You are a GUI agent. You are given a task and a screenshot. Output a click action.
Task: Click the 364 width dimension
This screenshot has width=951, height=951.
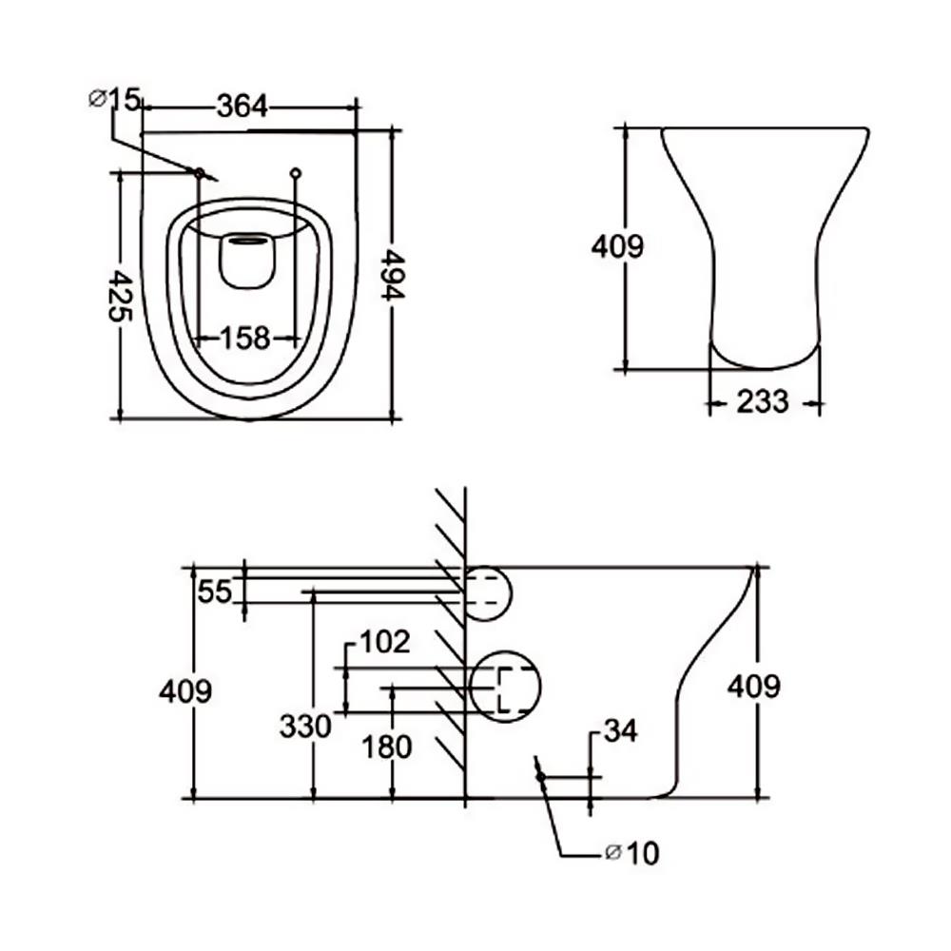(242, 107)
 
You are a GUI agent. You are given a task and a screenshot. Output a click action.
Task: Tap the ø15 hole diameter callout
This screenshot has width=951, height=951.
(115, 99)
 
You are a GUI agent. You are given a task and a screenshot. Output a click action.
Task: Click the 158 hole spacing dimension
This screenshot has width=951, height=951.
(245, 338)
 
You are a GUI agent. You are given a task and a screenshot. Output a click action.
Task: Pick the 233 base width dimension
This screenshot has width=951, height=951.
(763, 402)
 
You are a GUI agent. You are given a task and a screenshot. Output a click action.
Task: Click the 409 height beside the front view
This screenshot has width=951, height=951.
(617, 247)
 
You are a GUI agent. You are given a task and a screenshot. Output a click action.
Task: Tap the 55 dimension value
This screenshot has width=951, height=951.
(215, 592)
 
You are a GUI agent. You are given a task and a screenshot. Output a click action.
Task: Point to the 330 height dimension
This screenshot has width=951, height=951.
(305, 727)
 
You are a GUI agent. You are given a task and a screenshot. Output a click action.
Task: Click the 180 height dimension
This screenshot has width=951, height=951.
(387, 747)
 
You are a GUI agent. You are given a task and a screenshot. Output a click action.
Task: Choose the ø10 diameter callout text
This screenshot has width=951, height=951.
(631, 853)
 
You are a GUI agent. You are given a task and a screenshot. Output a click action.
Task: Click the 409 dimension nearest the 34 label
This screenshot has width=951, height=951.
(753, 687)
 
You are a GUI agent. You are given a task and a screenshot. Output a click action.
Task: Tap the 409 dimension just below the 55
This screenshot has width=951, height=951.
(185, 692)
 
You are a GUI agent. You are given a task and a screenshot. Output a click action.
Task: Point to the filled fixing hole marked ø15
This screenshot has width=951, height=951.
(200, 173)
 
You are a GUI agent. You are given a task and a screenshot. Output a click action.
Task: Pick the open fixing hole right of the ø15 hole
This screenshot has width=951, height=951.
(296, 173)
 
